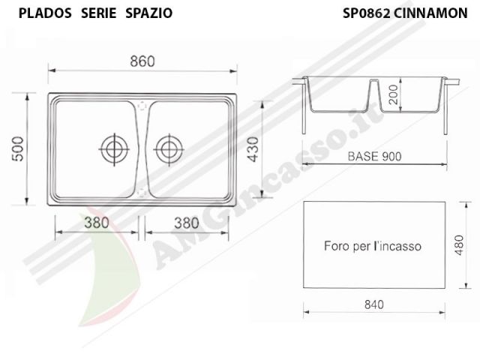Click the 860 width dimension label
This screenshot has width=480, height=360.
(x=142, y=61)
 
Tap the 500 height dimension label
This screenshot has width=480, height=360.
(x=17, y=149)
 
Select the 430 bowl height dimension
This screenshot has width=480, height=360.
(x=253, y=149)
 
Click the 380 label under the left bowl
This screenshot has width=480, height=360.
(x=97, y=223)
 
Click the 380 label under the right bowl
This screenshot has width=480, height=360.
(x=187, y=223)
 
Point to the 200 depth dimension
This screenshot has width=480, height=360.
(x=394, y=94)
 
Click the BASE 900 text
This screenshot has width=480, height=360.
(x=374, y=157)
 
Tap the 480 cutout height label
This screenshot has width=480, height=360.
(x=459, y=245)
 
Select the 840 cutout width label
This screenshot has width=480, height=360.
(x=374, y=304)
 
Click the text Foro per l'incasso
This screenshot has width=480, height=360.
(x=373, y=246)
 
